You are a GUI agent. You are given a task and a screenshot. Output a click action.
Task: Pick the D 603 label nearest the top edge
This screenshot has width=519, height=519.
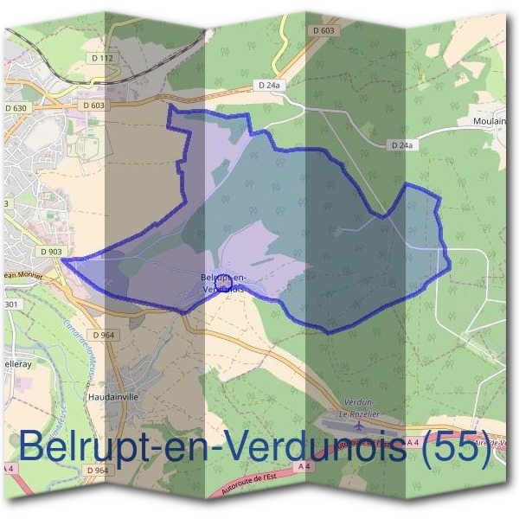tap(322, 30)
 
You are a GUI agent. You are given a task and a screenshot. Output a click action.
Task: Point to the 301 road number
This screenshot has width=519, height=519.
tap(10, 304)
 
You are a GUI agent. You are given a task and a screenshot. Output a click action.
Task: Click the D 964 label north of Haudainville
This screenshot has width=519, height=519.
tap(102, 335)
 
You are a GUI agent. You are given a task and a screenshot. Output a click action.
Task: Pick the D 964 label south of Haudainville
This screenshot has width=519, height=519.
tap(98, 470)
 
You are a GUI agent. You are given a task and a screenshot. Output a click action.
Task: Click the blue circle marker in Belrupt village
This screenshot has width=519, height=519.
tap(222, 283)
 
